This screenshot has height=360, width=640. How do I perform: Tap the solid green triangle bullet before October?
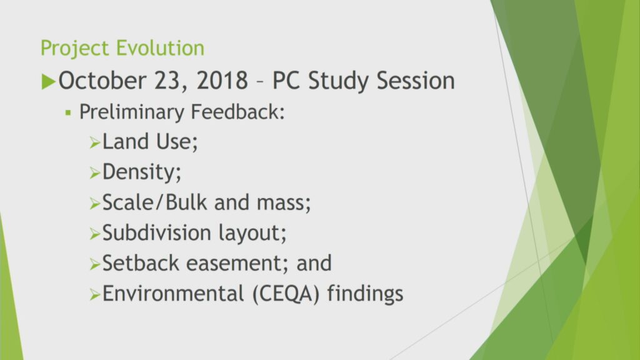pos(48,81)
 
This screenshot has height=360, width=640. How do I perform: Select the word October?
pos(102,80)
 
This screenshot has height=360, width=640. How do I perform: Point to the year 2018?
pos(222,80)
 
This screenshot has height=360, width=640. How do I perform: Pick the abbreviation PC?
pos(286,80)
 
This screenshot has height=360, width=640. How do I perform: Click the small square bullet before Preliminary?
pos(68,112)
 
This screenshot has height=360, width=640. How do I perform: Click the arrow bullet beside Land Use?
pos(95,143)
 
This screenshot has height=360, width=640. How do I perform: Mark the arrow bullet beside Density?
pos(95,173)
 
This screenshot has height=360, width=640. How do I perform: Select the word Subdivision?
pos(157,232)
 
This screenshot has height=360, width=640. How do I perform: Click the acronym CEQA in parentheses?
pos(286,294)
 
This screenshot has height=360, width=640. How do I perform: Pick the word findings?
pos(365,294)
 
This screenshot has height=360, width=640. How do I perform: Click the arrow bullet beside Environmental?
pos(95,295)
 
